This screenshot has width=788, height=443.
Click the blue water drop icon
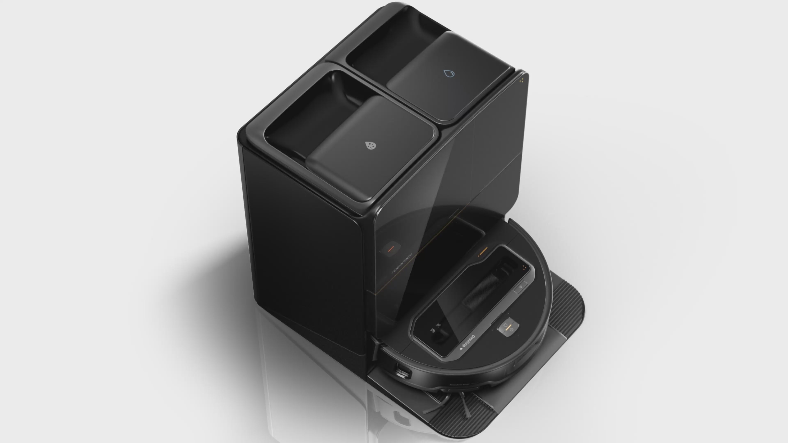click(x=449, y=73)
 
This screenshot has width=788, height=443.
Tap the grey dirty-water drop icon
click(x=371, y=146)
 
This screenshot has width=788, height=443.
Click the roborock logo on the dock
click(x=402, y=264)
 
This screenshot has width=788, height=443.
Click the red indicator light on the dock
click(x=391, y=249)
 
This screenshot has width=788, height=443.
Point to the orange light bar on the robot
click(x=483, y=251)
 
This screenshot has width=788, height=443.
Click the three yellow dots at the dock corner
click(x=522, y=80)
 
